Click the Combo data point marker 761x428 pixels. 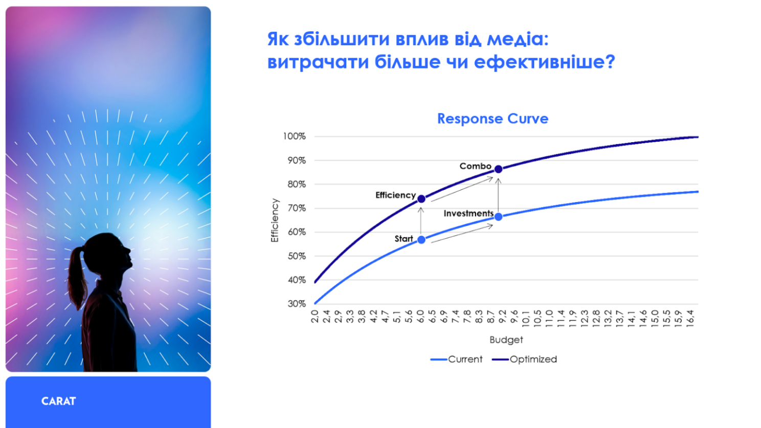(499, 169)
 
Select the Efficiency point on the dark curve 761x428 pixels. (421, 199)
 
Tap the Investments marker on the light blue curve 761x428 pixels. (499, 217)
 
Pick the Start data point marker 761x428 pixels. (421, 240)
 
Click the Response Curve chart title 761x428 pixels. (493, 119)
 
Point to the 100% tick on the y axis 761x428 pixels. (294, 136)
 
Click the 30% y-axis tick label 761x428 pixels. (297, 304)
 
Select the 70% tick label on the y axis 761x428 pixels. (297, 208)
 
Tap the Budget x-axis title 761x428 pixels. (506, 340)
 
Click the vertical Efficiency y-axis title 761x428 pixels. (275, 220)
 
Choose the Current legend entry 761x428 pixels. (456, 359)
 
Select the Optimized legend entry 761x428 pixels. (525, 359)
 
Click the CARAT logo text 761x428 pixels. (58, 401)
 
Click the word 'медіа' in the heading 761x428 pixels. (518, 39)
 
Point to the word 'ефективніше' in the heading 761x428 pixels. (544, 62)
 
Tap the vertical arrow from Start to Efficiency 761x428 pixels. (421, 221)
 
